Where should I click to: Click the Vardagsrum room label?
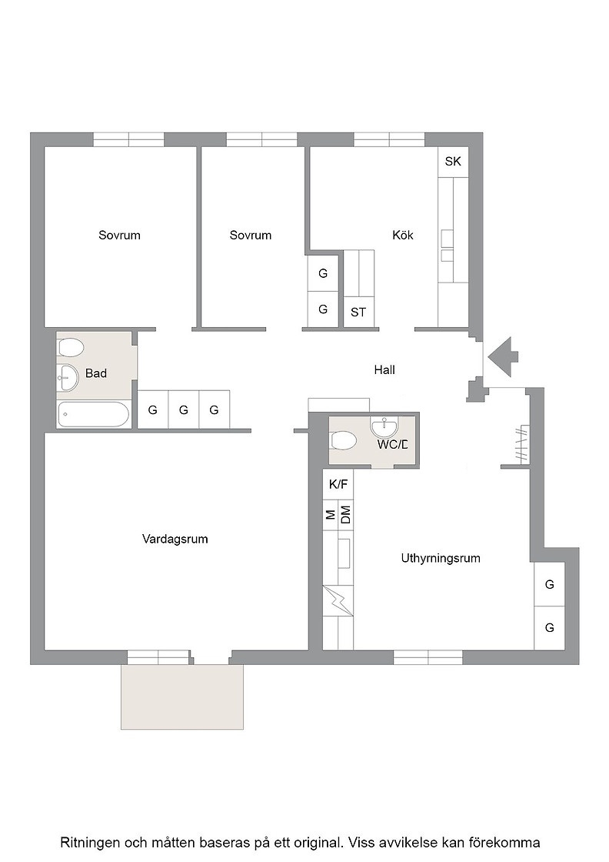coord(175,539)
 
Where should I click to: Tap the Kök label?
coord(402,236)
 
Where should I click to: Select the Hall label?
coord(384,370)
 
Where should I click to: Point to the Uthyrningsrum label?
coord(441,559)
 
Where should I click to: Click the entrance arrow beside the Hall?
coord(503,356)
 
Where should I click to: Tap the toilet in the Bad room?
coord(70,347)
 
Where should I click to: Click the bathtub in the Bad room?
coord(93,415)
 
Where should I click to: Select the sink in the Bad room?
coord(69,378)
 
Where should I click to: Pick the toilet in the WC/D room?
coord(344,440)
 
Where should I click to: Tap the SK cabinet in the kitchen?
coord(453,162)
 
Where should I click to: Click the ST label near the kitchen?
coord(358,312)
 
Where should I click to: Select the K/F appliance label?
coord(338,484)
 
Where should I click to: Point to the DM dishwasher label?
coord(345,515)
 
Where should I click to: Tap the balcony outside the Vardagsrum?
coord(182,697)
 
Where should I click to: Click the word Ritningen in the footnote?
coord(87,843)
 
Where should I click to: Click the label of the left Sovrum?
coord(119,236)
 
